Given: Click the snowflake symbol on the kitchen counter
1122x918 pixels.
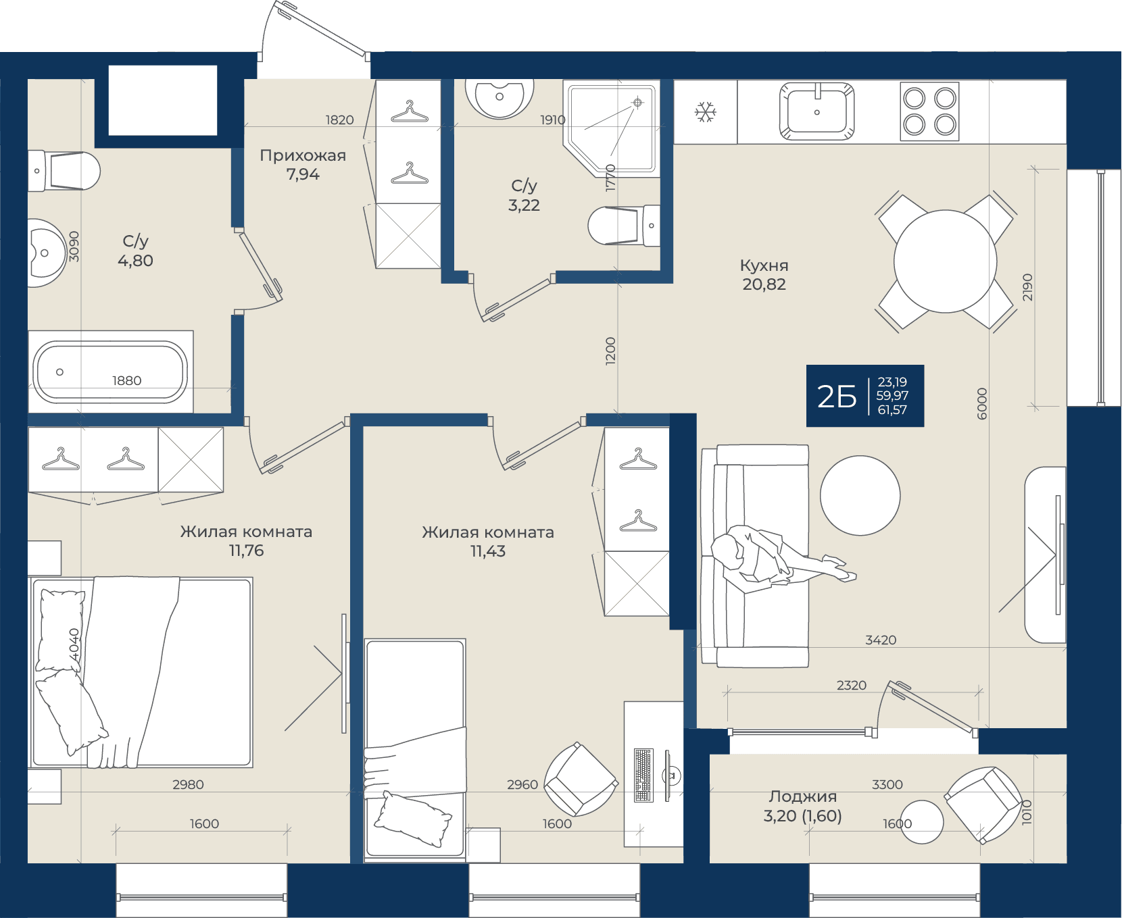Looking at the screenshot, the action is [x=706, y=112].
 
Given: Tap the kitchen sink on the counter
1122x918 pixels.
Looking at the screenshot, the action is [x=816, y=111].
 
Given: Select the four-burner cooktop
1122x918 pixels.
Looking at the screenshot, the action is [x=929, y=111].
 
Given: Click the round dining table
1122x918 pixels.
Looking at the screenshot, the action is [x=945, y=261].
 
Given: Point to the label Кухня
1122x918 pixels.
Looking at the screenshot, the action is [x=764, y=265].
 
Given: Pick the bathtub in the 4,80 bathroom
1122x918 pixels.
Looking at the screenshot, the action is [x=111, y=372].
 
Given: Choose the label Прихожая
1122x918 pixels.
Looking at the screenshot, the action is [x=303, y=155].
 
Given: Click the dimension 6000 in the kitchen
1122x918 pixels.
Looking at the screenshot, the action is [x=982, y=403].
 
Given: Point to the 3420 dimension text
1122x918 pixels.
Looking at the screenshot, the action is [x=881, y=640].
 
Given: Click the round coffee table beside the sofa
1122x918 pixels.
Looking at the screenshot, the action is [x=860, y=495].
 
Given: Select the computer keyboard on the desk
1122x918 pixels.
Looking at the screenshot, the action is [x=643, y=775].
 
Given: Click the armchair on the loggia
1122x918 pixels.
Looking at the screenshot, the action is [x=983, y=805].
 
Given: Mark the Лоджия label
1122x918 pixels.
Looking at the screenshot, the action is [x=802, y=796].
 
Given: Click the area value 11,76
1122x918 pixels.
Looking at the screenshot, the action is [x=246, y=551].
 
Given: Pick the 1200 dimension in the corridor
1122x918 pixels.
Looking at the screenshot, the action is [x=610, y=351].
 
